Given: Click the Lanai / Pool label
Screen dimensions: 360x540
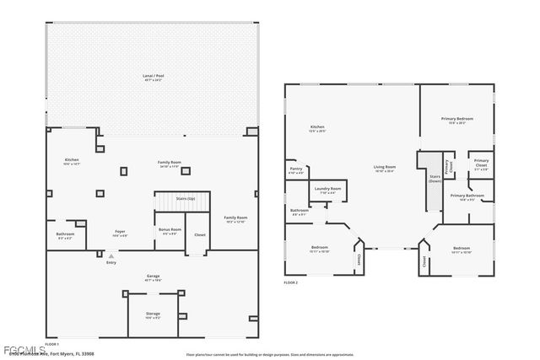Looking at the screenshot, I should point(153,76).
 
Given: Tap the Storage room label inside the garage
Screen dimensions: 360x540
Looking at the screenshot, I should point(153,315).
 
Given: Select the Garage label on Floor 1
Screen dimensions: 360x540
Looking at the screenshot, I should point(153,277).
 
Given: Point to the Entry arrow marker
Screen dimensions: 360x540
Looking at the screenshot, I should point(111,255).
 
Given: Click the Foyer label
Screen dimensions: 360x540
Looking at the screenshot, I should point(120,233).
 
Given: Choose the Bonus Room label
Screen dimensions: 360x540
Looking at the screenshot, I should point(170,231).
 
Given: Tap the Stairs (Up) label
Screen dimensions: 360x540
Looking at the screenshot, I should point(185,198).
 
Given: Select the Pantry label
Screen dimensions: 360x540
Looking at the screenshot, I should point(296,170).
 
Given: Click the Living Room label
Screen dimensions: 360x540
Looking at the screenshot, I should point(385,169).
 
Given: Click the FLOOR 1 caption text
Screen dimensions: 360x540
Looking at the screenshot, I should point(52,344).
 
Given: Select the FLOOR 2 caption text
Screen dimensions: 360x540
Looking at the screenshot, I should point(291,282).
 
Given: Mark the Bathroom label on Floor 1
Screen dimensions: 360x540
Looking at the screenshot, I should point(65,235).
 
